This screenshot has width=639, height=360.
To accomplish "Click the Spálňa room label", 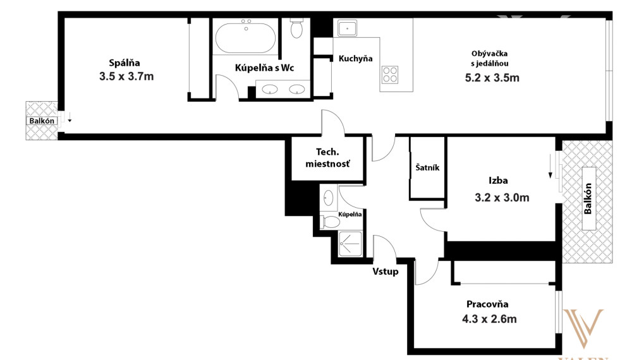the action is pos(125,63).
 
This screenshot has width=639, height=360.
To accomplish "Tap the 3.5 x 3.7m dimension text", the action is pos(126,76).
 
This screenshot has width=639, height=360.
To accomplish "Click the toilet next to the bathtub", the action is pos(296,28).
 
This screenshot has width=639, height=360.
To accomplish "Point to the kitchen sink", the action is pos(347,28).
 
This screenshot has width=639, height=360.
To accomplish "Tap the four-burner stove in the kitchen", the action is pos(390,75).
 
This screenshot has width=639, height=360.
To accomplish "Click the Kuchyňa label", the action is pos(355,59).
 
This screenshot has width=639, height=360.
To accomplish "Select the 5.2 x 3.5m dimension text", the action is pos(492,78).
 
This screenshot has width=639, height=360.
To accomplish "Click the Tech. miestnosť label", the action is pos(327,158).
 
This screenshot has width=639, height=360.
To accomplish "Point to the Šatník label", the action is pos(427,167).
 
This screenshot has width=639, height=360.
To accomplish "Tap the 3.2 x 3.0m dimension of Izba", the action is pos(502,198).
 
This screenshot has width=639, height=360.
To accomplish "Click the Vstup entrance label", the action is pos(385,271).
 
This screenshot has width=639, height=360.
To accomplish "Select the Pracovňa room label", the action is pos(487,304).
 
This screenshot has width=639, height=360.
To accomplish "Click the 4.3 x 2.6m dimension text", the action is pos(489,319).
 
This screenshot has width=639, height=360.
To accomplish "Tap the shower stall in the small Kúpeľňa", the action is pos(350,244).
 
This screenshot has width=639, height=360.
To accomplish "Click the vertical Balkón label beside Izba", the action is pos(588,198).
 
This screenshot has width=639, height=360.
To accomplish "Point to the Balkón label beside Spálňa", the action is pos(42,121).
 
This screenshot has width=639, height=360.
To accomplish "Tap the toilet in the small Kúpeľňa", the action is pos(331,222).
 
